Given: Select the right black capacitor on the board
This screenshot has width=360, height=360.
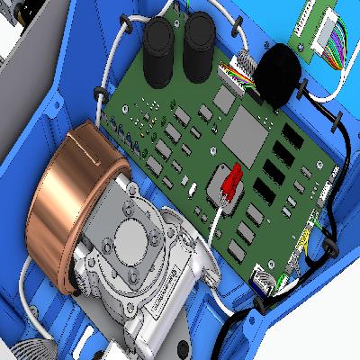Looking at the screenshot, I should click(x=199, y=45).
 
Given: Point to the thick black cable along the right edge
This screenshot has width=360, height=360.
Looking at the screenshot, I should click(x=346, y=180).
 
